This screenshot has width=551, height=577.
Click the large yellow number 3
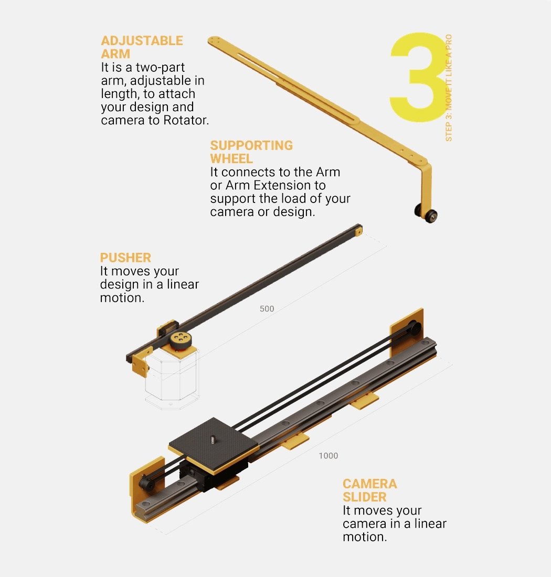(x=418, y=77)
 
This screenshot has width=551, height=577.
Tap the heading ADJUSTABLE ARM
(x=142, y=47)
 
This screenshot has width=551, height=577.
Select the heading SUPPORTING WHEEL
(x=251, y=152)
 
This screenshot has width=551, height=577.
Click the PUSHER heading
(x=125, y=258)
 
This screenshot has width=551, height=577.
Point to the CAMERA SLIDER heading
(x=369, y=490)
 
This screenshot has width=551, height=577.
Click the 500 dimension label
(x=267, y=309)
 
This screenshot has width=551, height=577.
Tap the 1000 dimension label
(x=329, y=455)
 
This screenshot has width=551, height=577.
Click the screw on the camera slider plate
(x=213, y=439)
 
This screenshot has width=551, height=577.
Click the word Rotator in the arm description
(x=186, y=120)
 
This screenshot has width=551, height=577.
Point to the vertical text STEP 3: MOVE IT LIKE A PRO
(x=449, y=88)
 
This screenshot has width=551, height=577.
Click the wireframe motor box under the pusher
(x=172, y=379)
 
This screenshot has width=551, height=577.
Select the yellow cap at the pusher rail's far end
(x=358, y=231)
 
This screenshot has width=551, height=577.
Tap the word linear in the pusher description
(x=183, y=284)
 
